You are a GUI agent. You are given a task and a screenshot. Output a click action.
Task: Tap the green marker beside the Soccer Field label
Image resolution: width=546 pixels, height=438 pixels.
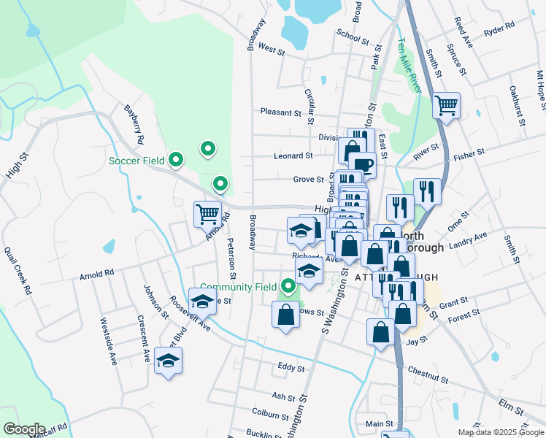175,158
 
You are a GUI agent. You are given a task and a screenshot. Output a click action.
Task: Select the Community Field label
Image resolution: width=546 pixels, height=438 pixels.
238,287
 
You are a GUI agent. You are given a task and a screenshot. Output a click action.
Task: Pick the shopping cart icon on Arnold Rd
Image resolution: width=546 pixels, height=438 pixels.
208,213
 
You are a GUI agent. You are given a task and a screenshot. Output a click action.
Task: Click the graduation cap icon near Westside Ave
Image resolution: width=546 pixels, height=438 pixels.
169,360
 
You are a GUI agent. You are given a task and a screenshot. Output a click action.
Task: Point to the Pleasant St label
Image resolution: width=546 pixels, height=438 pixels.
281,112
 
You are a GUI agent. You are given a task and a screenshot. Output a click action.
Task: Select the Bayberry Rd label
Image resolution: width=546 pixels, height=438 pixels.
134,123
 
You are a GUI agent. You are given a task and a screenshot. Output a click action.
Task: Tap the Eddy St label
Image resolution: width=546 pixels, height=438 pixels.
291,368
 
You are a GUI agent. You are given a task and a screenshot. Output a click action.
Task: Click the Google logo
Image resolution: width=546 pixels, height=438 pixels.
24,429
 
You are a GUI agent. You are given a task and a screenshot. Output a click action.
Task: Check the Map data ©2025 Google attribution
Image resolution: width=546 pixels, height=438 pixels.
500,432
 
